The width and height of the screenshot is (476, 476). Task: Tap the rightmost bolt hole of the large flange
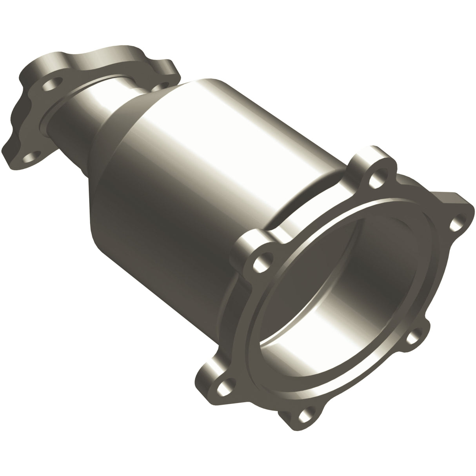click(x=455, y=224)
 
